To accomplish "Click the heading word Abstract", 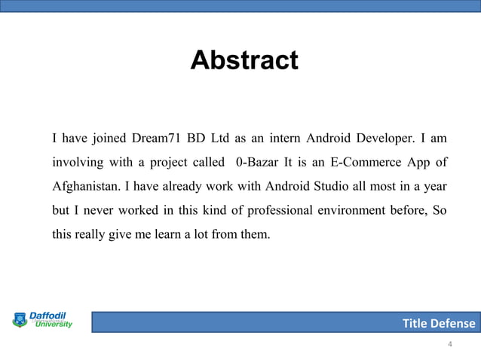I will pyautogui.click(x=244, y=60).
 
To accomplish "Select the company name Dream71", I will pyautogui.click(x=156, y=139).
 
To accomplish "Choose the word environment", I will pyautogui.click(x=349, y=209).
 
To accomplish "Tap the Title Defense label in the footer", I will pyautogui.click(x=439, y=324).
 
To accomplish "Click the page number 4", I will pyautogui.click(x=450, y=345).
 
